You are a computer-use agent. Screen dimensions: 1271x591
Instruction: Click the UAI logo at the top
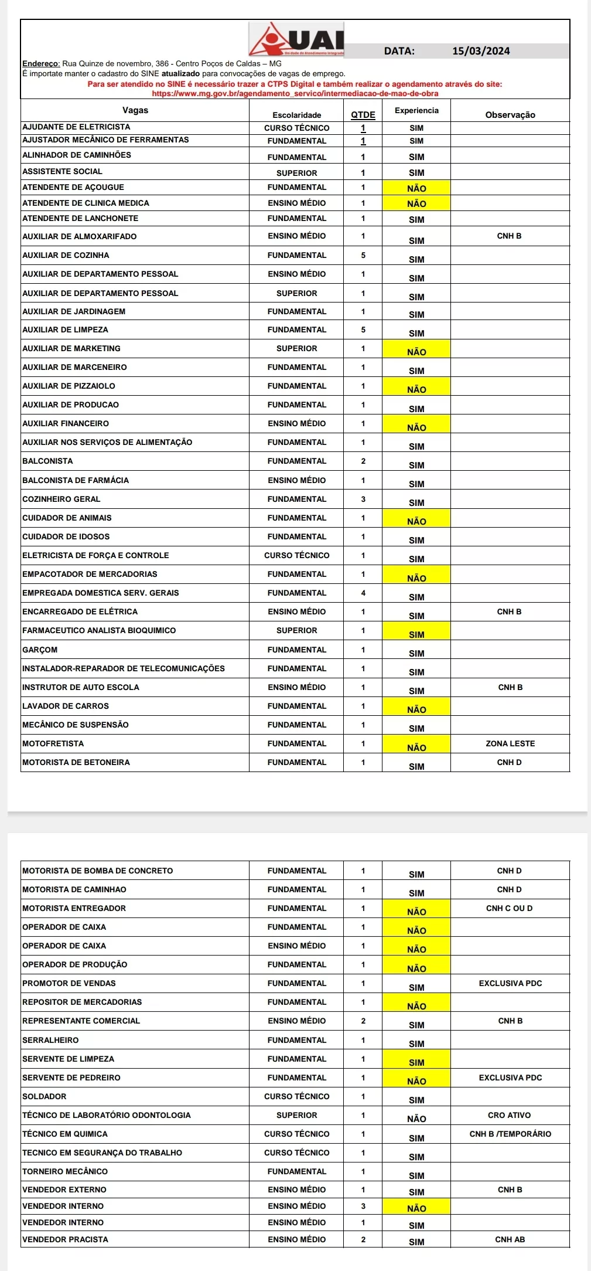tap(296, 39)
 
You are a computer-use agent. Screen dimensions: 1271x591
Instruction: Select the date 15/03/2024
tap(481, 51)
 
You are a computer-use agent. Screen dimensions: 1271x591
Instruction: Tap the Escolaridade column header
tap(296, 115)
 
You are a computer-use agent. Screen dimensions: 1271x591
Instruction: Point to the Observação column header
tap(510, 115)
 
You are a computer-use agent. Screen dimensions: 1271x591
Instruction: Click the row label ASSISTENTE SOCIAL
tap(62, 172)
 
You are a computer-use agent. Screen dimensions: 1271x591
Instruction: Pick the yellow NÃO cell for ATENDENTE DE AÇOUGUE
tap(416, 188)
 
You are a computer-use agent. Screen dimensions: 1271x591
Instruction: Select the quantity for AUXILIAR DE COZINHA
tap(363, 255)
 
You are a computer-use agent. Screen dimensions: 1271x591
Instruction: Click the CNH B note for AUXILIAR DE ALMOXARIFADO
tap(509, 236)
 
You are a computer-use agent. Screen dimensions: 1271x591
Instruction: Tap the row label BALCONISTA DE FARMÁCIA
tap(76, 480)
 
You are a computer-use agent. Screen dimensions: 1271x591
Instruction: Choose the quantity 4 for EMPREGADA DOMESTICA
tap(363, 593)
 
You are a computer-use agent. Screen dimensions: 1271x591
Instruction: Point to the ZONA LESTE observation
tap(510, 743)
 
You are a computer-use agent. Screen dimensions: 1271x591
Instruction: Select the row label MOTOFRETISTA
tap(53, 743)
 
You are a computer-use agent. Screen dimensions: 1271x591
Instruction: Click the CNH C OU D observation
tap(509, 908)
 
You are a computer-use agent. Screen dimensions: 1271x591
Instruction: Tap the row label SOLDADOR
tap(44, 1096)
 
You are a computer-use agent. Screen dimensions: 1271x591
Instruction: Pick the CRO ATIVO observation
tap(509, 1115)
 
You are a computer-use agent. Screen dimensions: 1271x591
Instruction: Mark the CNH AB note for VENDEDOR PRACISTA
tap(510, 1239)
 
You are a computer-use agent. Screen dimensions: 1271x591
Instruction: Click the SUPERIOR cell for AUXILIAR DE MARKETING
tap(296, 348)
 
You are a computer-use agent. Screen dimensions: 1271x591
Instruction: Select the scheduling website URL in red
tap(295, 93)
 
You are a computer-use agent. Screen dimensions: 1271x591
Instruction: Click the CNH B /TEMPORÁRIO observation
tap(510, 1134)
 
